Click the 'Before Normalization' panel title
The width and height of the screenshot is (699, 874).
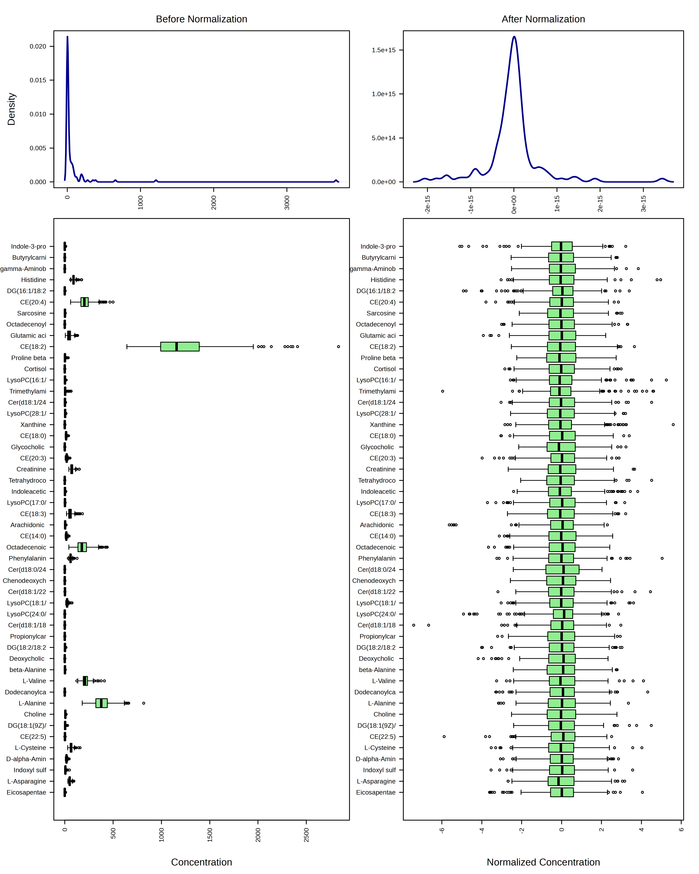click(201, 19)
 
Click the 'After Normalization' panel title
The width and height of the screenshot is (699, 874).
click(543, 19)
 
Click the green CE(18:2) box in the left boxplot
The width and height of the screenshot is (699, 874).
click(180, 347)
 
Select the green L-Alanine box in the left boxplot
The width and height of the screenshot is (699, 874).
click(101, 703)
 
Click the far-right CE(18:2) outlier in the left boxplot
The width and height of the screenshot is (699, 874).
click(338, 347)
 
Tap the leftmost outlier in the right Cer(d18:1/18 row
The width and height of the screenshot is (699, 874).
click(414, 625)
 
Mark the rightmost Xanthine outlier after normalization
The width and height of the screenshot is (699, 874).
click(673, 424)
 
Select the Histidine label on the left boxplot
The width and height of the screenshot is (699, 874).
click(34, 280)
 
